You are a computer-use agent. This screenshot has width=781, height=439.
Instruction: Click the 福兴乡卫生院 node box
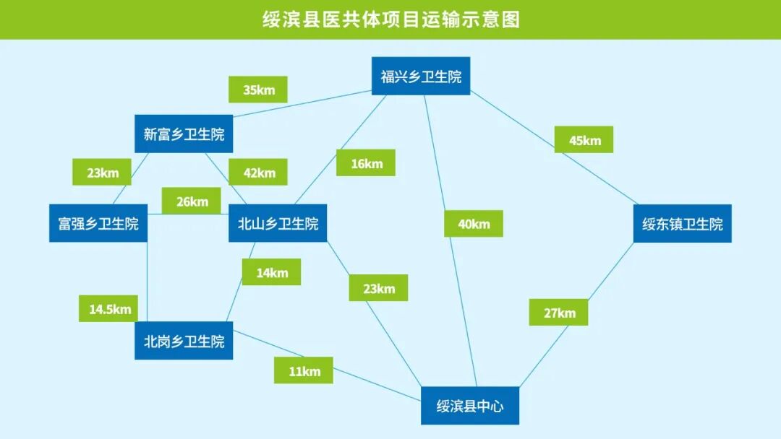coord(421,76)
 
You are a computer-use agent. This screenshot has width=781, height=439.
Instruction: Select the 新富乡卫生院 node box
coord(184,134)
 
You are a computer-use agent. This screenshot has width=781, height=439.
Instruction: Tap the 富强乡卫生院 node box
coord(98,223)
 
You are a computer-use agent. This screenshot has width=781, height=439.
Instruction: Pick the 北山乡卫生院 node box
coord(278,223)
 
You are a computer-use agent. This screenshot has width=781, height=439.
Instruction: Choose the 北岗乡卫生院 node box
coord(184,341)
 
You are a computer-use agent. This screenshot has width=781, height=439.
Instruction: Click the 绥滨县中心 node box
coord(470,406)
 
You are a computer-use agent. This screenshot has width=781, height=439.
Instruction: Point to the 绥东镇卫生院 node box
coord(682,223)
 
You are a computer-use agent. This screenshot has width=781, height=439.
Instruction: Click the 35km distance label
coord(257,90)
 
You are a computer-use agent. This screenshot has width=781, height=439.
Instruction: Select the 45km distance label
coord(584,140)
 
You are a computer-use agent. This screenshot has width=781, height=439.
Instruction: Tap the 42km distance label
coord(257,173)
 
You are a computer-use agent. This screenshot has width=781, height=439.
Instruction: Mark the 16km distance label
coord(366,163)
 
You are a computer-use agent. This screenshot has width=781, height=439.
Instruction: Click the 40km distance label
coord(473,224)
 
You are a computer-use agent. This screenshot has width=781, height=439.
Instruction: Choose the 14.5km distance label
coord(108,309)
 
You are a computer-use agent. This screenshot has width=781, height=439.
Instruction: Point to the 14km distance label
coord(271,272)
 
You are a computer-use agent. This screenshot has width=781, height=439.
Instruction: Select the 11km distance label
coord(303,370)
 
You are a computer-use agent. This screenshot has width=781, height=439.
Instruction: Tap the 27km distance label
coord(558,313)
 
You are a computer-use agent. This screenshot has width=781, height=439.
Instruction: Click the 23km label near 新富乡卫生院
coord(101,173)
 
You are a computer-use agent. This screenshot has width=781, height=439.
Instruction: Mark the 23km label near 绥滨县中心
coord(378,288)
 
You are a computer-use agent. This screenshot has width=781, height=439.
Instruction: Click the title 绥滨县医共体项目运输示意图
coord(390,19)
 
